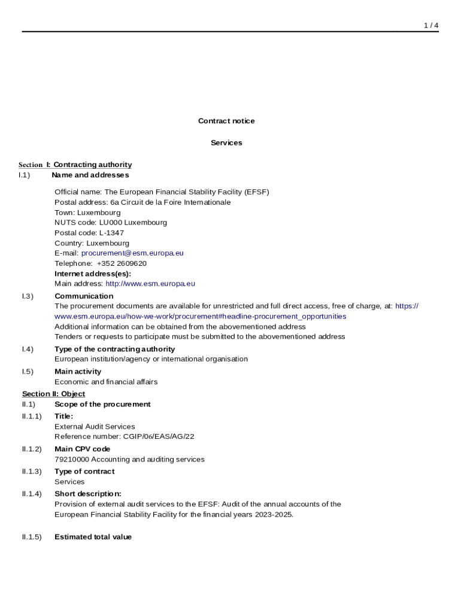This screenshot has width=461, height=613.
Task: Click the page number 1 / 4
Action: coord(431,25)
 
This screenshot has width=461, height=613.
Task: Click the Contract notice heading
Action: coord(226,121)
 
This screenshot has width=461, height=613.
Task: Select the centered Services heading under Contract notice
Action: coord(226,143)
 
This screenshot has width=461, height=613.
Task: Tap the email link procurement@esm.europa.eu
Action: coord(132,253)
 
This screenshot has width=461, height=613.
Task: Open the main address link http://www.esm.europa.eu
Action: coord(150,284)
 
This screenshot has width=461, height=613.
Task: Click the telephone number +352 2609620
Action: coord(122,263)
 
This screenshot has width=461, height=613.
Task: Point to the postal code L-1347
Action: coord(111,233)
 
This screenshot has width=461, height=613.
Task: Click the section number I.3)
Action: coord(28,296)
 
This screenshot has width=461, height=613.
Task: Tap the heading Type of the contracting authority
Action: coord(114,349)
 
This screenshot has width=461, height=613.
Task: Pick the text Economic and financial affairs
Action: coord(106,382)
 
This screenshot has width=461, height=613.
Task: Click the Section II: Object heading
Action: coord(53,394)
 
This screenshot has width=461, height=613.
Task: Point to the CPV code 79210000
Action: coord(72,460)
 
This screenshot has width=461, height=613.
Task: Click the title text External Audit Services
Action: coord(95,427)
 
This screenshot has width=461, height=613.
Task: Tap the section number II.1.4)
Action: coord(32,494)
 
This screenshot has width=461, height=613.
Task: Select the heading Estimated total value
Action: coord(93,537)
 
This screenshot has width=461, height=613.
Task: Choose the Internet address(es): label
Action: coord(93,274)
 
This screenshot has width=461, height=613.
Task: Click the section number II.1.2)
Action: coord(32,449)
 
